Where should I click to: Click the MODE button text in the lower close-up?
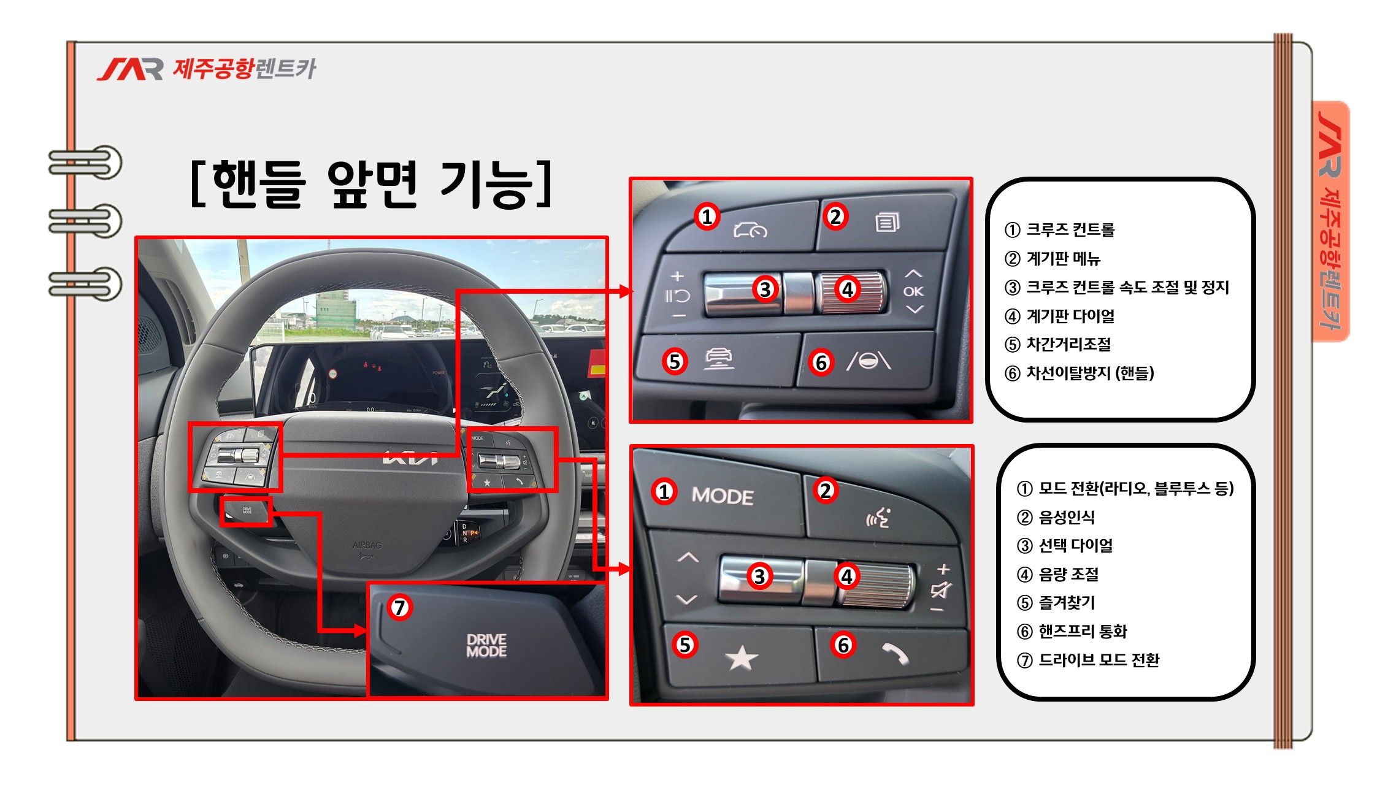pos(723,496)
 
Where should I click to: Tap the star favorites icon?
pos(742,658)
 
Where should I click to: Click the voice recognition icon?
pos(878,518)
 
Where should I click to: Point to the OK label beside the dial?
pos(913,291)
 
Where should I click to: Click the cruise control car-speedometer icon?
pos(750,230)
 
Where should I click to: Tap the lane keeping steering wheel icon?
pos(869,361)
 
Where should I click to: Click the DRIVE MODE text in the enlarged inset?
pos(486,645)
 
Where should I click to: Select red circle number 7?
pos(400,607)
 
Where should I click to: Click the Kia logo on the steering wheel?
pos(410,458)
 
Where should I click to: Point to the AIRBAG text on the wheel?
pos(367,545)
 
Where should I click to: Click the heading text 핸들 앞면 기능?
pos(372,184)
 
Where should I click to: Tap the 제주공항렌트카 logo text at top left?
pos(244,69)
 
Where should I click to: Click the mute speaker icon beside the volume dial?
pos(940,590)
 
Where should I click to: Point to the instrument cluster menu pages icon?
pos(888,221)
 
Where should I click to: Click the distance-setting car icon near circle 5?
pos(719,358)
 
